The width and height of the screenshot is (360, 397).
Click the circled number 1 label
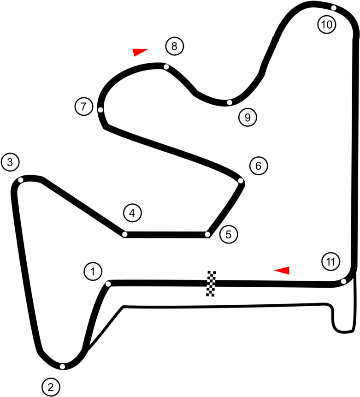[x=93, y=271]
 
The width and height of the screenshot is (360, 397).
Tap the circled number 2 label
[x=51, y=387]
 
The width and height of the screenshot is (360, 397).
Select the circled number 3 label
[x=11, y=162]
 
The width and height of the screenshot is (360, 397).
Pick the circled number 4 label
[x=132, y=213]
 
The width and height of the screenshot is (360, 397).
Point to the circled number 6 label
[x=259, y=166]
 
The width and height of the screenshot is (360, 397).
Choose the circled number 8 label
[x=174, y=46]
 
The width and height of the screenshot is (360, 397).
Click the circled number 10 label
[x=327, y=24]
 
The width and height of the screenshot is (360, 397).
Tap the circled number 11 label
[x=331, y=261]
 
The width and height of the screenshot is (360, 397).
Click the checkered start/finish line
[x=212, y=283]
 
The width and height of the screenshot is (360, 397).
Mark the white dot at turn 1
[x=108, y=284]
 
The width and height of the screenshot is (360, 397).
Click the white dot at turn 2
[x=62, y=367]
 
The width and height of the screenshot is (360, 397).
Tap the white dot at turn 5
[x=207, y=234]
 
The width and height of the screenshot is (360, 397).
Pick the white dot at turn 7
[x=100, y=110]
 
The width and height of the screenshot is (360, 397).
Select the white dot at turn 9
[x=230, y=102]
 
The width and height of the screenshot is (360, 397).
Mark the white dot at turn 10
[x=334, y=8]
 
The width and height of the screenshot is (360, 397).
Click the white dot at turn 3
[x=21, y=180]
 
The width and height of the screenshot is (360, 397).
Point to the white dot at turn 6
[x=241, y=181]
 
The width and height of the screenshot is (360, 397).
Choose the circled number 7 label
[x=84, y=107]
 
